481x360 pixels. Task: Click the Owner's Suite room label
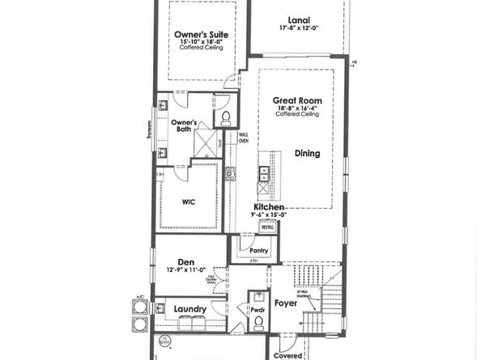pos(200,35)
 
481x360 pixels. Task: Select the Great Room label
pos(297,100)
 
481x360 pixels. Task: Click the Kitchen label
pos(268,207)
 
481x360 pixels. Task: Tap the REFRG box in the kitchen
pos(266,228)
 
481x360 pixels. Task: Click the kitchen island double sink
pos(264,172)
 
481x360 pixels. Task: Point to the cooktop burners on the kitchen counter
pos(230,172)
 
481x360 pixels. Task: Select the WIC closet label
pos(189,201)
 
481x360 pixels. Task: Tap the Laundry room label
pos(189,309)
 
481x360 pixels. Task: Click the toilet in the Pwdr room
pos(258,321)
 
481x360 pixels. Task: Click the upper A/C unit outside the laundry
pos(137,307)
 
